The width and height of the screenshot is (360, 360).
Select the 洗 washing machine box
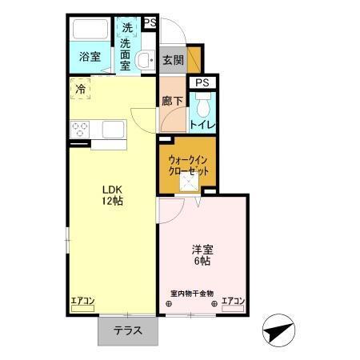[x=127, y=28]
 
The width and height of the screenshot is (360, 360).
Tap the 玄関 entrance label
[x=173, y=60]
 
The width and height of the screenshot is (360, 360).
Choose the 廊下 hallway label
[x=173, y=102]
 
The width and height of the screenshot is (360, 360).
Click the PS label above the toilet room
[x=202, y=82]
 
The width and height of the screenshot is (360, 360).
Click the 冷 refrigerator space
[x=80, y=90]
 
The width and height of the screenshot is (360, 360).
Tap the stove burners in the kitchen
[x=80, y=129]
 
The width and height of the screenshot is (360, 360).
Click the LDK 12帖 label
[x=112, y=195]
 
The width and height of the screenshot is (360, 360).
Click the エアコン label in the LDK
[x=83, y=301]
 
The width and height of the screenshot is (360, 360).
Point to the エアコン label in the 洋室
[x=233, y=301]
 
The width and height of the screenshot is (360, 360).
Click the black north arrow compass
[x=279, y=330]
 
